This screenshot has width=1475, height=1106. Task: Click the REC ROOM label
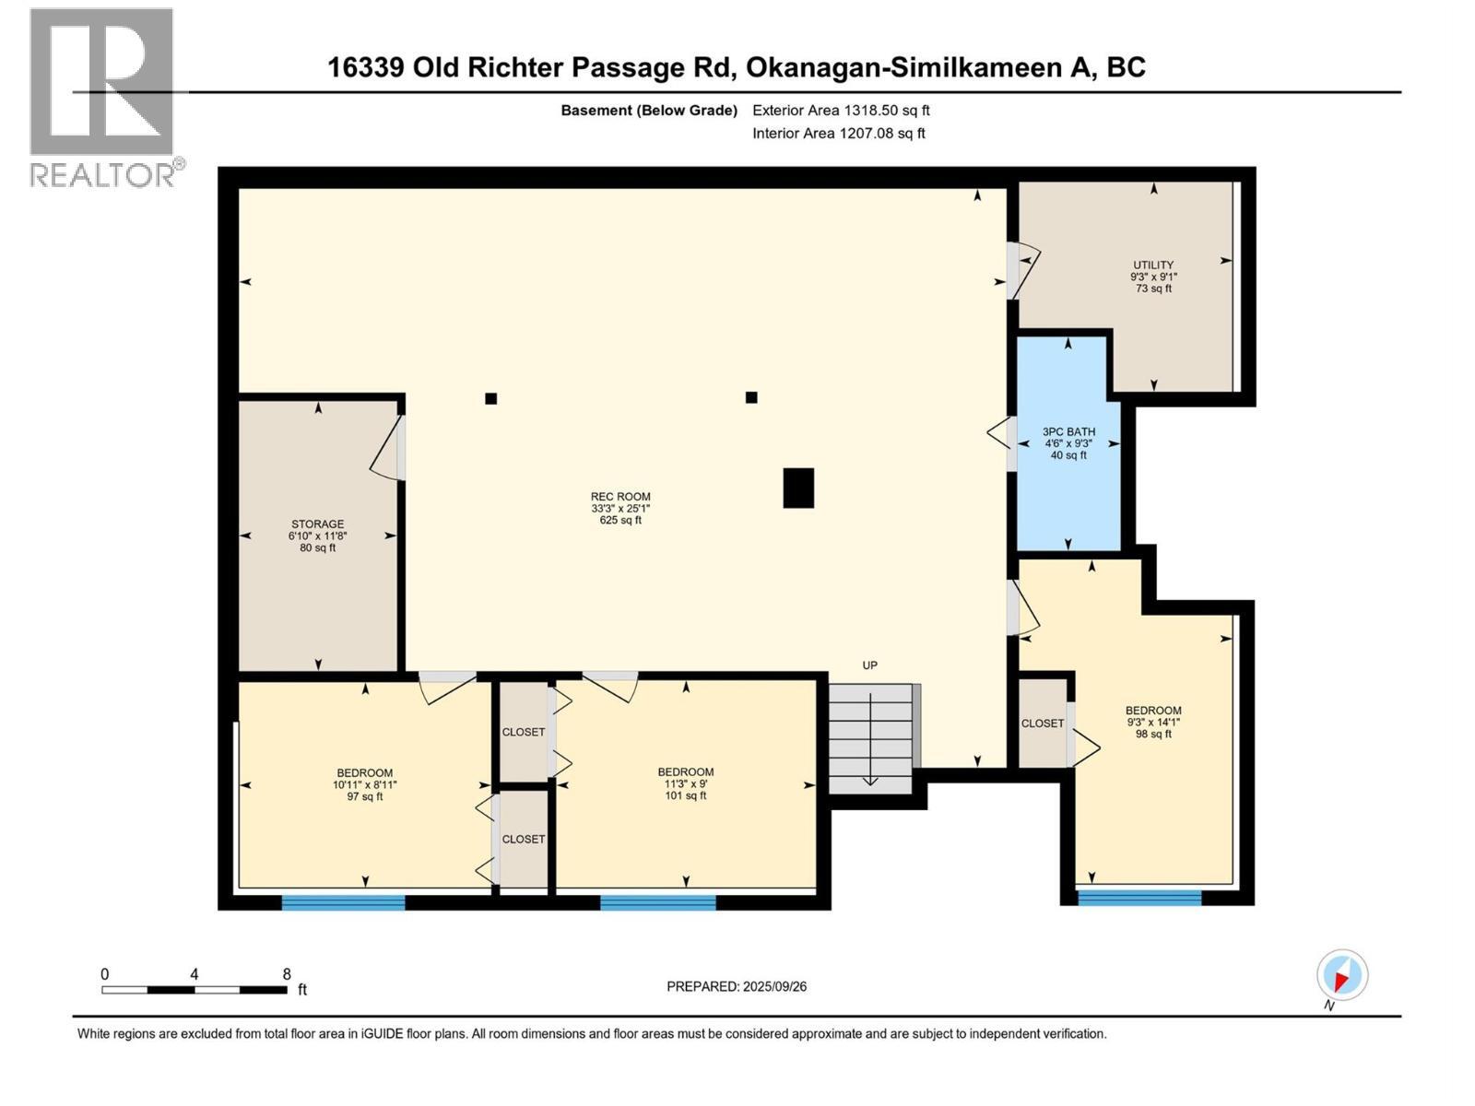click(x=620, y=497)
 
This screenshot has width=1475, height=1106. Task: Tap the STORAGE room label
click(x=318, y=524)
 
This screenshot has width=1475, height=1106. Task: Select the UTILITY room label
click(x=1153, y=265)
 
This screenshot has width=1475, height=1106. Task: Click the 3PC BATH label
click(x=1068, y=431)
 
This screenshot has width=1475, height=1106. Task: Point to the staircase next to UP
click(x=870, y=738)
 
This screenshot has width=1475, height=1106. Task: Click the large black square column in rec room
click(x=798, y=488)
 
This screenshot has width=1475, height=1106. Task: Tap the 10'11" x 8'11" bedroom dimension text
click(x=365, y=785)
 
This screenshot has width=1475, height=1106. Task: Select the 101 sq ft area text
click(x=685, y=796)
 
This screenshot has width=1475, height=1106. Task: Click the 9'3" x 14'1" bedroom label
click(x=1153, y=711)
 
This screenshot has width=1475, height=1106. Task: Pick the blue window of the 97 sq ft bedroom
click(x=343, y=902)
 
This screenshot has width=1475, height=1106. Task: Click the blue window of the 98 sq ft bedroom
click(x=1139, y=897)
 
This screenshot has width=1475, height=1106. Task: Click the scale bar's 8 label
click(x=287, y=974)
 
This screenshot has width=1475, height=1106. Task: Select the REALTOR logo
click(x=103, y=97)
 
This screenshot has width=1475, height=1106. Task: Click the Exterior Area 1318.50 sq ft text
click(x=841, y=111)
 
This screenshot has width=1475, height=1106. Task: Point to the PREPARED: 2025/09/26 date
click(x=737, y=986)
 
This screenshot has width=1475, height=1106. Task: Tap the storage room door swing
click(x=387, y=450)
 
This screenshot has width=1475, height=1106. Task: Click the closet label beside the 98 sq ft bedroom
click(x=1043, y=724)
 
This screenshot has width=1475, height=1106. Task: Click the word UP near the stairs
click(x=869, y=665)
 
